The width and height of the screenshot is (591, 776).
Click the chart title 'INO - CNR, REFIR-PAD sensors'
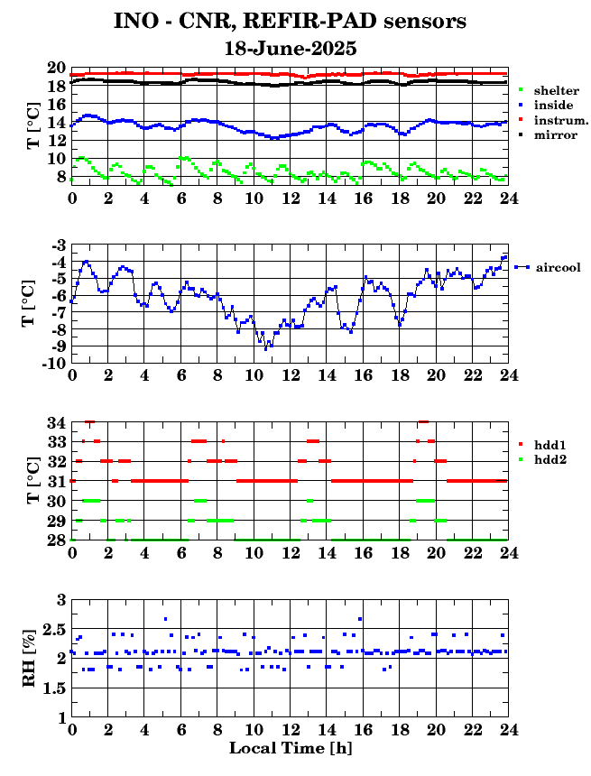290,22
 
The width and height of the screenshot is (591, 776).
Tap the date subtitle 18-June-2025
291,49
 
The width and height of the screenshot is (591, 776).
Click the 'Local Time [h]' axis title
291,748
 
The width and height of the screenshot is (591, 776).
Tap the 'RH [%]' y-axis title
29,658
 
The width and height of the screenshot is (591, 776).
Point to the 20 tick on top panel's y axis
57,68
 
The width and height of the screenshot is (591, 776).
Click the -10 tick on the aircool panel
54,364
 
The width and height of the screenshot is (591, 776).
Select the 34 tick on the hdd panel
57,423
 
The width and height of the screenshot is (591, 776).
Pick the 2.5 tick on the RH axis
55,630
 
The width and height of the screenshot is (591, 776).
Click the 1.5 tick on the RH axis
55,688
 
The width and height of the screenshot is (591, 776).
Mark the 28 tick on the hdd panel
57,540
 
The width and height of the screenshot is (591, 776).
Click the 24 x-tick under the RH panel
508,729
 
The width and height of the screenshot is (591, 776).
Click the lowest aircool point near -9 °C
266,349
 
